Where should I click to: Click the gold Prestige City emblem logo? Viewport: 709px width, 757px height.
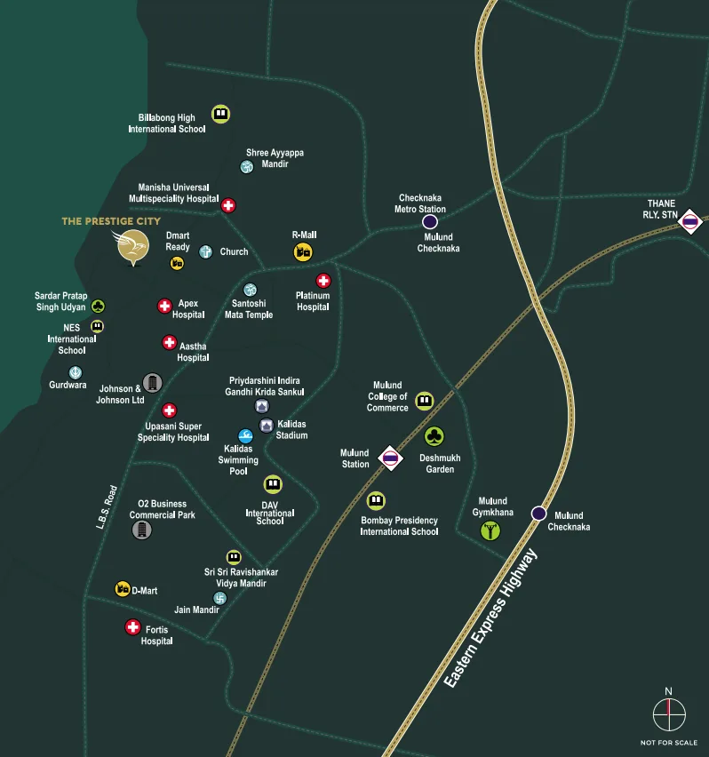pos(131,246)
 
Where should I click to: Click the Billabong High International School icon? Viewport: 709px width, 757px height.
pos(220,114)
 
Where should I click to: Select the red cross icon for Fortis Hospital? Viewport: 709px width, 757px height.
pos(132,627)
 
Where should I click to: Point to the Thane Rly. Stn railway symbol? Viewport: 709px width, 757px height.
pos(691,221)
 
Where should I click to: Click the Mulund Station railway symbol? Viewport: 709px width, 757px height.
pos(389,458)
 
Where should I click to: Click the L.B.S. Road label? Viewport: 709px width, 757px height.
pos(107,506)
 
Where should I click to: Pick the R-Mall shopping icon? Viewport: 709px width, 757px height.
pos(303,252)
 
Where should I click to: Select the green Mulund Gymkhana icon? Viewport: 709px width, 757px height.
pos(490,530)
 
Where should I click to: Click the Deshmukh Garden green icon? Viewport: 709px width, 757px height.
pos(434,436)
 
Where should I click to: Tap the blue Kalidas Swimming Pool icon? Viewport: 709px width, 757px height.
pos(246,436)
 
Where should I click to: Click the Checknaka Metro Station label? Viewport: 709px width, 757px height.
pos(420,203)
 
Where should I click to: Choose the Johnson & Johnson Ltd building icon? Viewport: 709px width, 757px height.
pos(153,382)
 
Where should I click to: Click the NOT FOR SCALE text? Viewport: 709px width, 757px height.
pos(669,742)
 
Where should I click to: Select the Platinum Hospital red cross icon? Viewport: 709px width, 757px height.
pos(323,281)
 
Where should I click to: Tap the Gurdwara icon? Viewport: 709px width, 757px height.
pos(76,372)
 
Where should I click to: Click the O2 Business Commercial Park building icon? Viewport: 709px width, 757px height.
pos(141,530)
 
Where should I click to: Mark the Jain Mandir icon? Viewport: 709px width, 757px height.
pos(219,598)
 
